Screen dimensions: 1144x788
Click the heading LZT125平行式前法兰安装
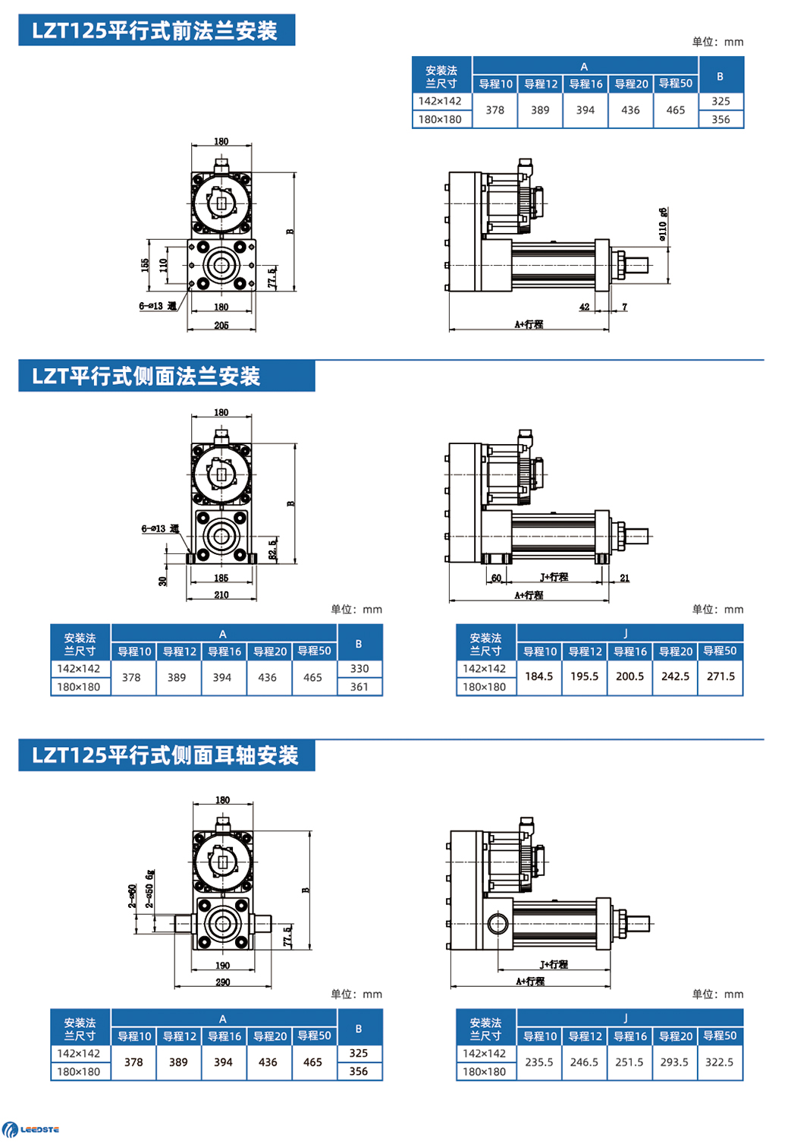point(155,31)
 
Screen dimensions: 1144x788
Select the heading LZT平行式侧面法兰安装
point(146,377)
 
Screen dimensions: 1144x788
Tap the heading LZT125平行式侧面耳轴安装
point(165,755)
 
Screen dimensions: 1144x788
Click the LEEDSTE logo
point(31,1130)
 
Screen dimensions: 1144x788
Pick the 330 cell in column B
point(359,669)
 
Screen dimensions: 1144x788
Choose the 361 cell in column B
point(359,687)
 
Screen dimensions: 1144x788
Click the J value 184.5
point(539,676)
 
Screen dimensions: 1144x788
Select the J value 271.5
point(721,676)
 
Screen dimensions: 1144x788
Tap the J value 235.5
point(539,1062)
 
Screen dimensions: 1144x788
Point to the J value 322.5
point(719,1062)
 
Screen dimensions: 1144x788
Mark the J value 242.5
point(675,676)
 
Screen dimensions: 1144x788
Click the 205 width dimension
point(221,326)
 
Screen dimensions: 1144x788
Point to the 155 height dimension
point(145,265)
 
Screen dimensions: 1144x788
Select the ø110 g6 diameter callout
point(663,225)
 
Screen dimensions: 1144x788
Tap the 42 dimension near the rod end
point(584,307)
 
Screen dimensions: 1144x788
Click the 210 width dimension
point(221,595)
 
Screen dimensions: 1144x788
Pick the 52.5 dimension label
point(273,550)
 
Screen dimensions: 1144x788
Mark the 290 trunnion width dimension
point(223,982)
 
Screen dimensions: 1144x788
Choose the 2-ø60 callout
point(133,896)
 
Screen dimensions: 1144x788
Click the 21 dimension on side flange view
point(624,578)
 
